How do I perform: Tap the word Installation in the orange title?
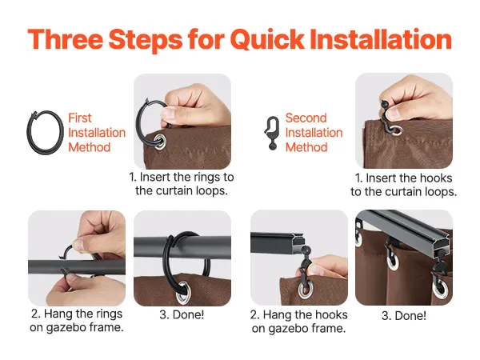coord(381,39)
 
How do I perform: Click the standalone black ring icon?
coord(46,132)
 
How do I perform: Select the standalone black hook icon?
coord(272,133)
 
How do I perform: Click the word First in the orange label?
coord(79,118)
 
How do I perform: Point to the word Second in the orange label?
coord(306,118)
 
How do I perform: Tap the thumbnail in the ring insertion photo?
coord(169,114)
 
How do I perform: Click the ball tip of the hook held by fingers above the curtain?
coord(384,104)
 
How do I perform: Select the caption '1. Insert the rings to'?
coord(182,177)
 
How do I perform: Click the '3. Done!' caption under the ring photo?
coord(182,314)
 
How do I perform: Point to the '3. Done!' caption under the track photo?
coord(404,316)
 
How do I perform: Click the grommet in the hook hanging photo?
coord(305,289)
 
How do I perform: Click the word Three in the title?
coord(66,39)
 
